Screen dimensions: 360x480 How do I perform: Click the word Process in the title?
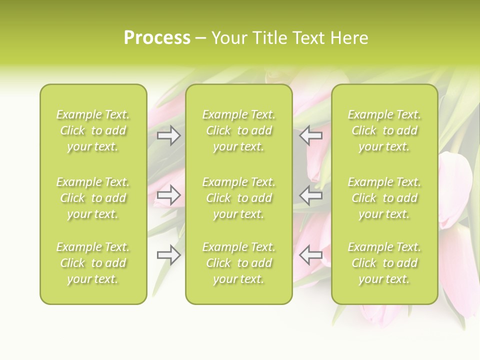(157, 38)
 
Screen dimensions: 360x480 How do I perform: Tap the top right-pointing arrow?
(169, 135)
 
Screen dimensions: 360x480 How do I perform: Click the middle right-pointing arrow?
(169, 195)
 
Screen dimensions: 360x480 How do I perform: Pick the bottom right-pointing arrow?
(169, 255)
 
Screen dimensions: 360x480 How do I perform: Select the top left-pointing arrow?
(310, 135)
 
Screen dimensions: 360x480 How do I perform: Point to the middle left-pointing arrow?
(310, 195)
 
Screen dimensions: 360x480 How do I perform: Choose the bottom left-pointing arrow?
(310, 255)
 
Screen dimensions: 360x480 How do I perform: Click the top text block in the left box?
(93, 130)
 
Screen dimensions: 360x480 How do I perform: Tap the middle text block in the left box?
(93, 198)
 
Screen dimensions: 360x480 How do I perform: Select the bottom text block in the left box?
(93, 263)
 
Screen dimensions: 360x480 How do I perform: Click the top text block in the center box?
(238, 130)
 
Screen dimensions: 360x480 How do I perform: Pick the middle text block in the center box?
(238, 198)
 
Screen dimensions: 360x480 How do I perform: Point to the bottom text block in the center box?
(238, 263)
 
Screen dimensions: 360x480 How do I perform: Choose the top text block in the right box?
(384, 130)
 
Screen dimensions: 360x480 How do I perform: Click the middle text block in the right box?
(384, 198)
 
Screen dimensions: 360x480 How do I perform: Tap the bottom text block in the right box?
(384, 263)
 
